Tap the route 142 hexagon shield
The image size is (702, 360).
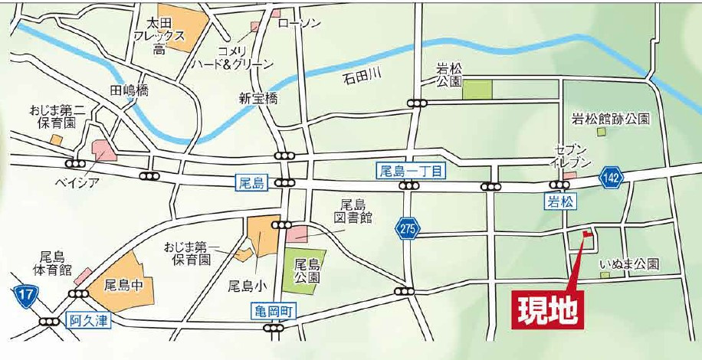612,176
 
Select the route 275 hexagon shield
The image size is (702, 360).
407,227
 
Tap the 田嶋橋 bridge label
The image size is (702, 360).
130,90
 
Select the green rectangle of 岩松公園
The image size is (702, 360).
477,89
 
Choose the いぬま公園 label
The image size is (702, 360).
629,263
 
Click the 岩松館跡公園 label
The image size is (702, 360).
611,119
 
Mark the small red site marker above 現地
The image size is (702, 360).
586,234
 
